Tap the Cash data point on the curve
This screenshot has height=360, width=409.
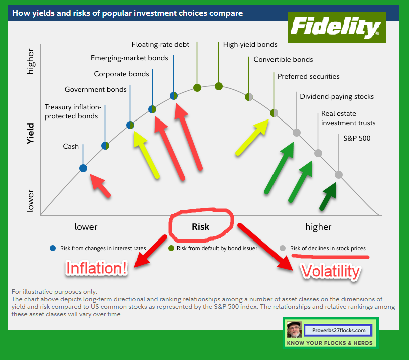[83, 168]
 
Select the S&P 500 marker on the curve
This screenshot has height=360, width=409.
[339, 175]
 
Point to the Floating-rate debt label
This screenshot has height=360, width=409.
[160, 44]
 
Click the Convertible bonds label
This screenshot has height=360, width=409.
[283, 59]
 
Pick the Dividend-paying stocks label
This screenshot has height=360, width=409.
[336, 96]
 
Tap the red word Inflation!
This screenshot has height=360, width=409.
[96, 268]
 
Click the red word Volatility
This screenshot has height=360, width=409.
[330, 271]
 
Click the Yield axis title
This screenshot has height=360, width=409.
[31, 134]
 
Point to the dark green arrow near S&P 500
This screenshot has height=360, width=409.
[329, 197]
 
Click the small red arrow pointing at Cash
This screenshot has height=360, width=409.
[100, 187]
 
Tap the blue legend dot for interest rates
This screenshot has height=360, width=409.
[53, 248]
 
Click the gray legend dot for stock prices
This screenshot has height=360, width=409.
[283, 248]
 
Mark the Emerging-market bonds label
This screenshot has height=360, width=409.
[129, 58]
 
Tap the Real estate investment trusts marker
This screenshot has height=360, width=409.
[318, 153]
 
